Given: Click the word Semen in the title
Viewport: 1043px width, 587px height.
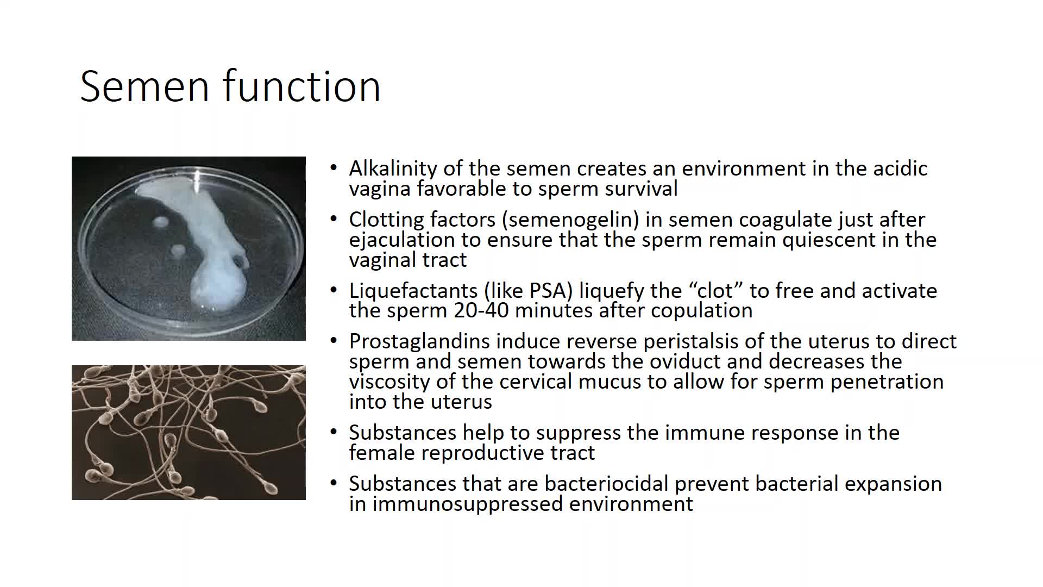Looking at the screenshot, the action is [x=144, y=86].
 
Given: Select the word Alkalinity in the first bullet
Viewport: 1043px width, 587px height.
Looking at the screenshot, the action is [x=393, y=169].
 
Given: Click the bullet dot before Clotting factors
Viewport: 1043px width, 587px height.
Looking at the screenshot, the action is [x=334, y=220].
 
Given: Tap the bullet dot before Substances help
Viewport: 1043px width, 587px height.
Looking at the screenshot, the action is [x=334, y=433].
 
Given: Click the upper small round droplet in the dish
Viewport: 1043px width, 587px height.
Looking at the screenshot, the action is [x=161, y=222].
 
